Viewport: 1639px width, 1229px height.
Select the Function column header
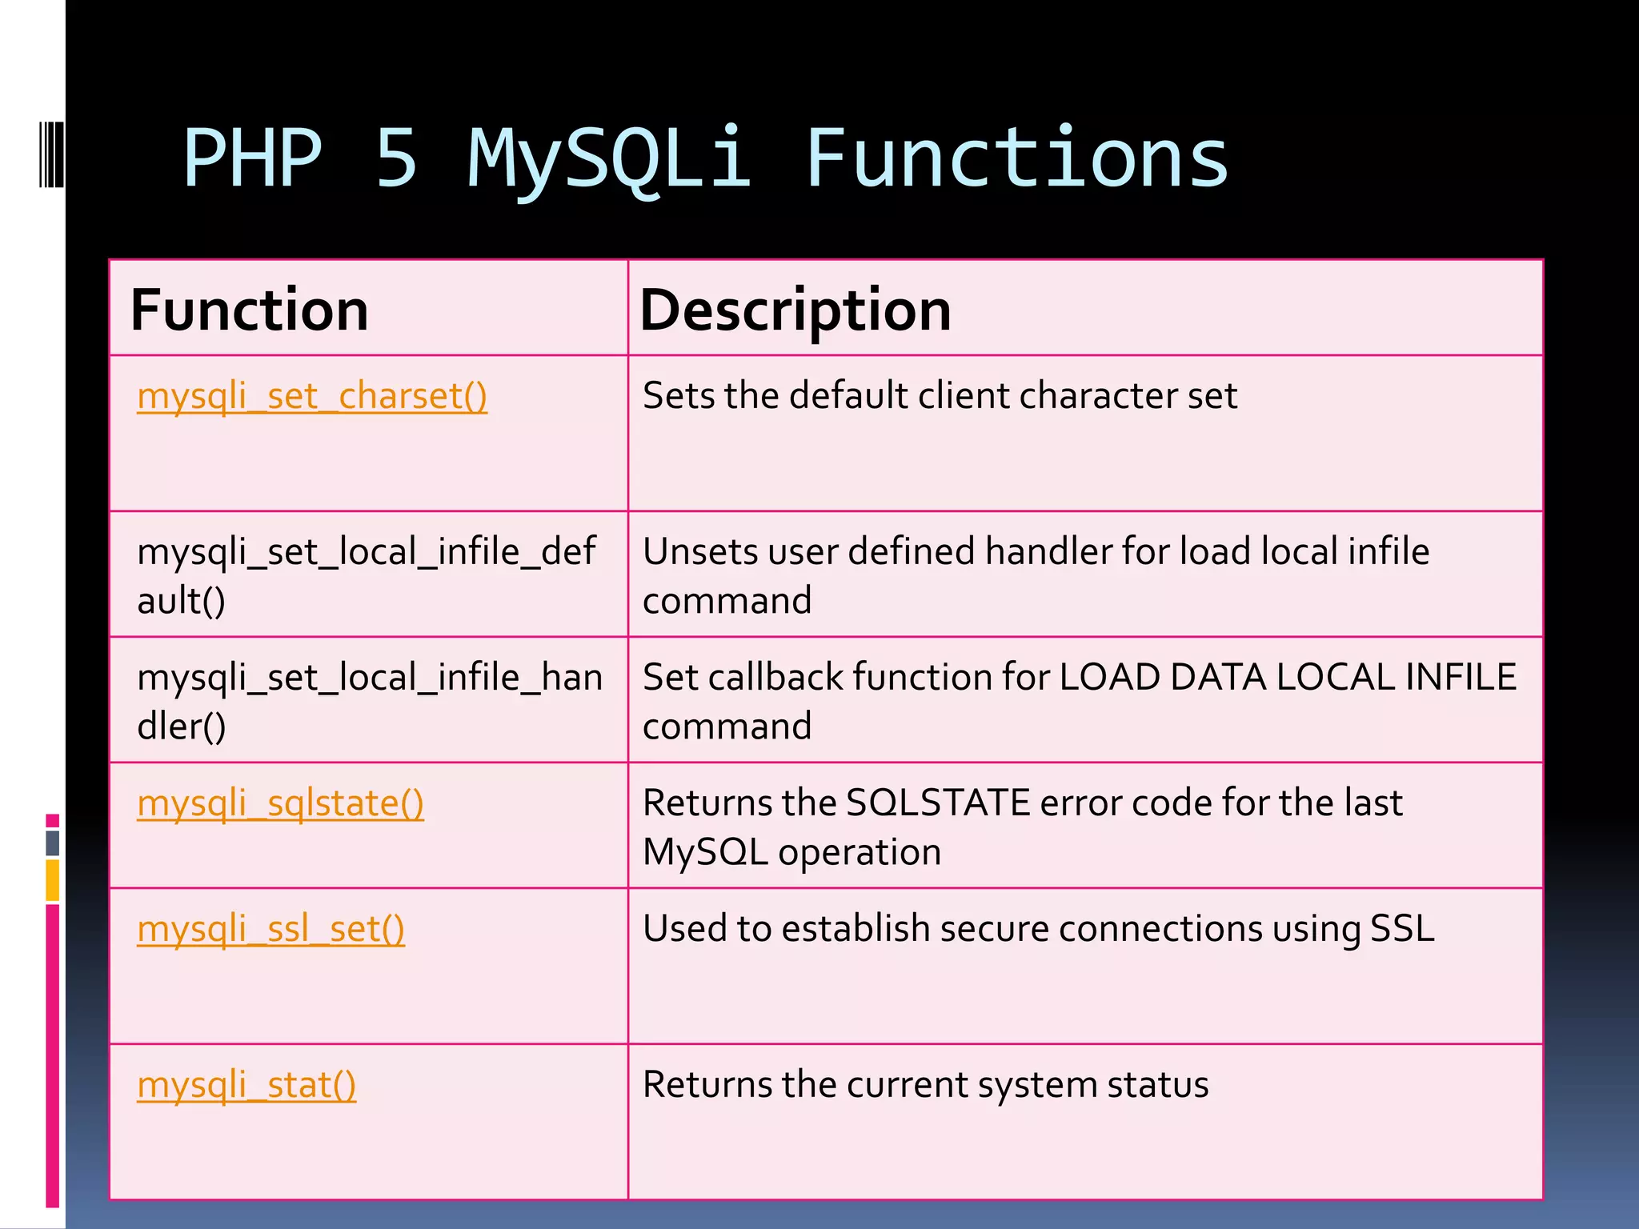click(250, 310)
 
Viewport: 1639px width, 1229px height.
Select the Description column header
click(795, 310)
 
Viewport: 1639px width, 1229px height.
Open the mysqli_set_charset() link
click(312, 396)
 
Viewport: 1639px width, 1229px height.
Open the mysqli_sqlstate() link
click(280, 803)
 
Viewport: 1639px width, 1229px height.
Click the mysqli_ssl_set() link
click(270, 929)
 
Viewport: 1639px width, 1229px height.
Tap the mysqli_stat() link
click(246, 1085)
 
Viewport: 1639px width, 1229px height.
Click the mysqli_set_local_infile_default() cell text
click(366, 575)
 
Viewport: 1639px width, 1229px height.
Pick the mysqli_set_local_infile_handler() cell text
click(369, 701)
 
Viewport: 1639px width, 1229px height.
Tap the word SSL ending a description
click(1402, 928)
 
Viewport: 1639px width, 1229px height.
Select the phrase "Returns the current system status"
click(925, 1085)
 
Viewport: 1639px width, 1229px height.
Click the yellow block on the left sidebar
click(53, 880)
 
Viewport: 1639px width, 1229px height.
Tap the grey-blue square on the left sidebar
click(53, 843)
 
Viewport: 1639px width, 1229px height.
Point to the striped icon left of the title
click(50, 154)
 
